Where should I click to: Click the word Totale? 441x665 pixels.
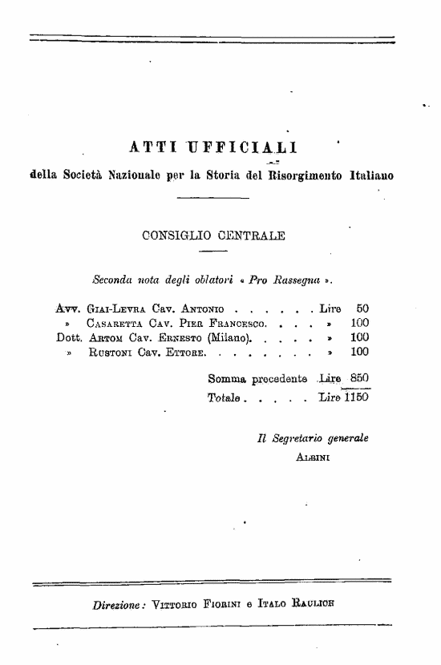pyautogui.click(x=225, y=397)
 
